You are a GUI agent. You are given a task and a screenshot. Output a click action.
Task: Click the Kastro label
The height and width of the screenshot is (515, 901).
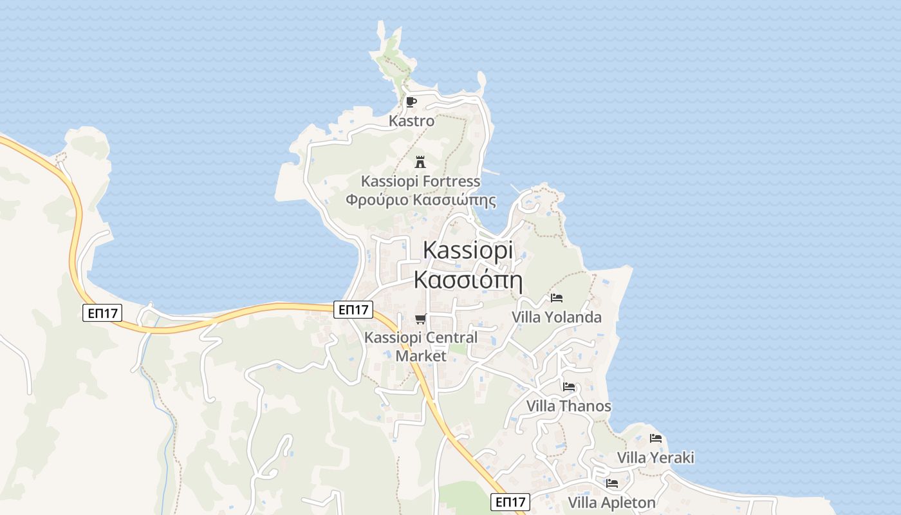(411, 121)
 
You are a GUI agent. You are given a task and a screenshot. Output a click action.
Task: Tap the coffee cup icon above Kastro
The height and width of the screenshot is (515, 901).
(411, 102)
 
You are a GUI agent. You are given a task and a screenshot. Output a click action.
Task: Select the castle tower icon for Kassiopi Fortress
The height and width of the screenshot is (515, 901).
(420, 161)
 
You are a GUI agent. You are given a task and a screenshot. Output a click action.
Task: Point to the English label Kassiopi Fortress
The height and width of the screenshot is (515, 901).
(420, 181)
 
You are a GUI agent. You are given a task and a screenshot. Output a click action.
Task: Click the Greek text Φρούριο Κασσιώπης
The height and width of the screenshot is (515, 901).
(420, 200)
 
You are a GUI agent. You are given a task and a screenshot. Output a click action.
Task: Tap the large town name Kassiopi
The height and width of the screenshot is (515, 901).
(468, 250)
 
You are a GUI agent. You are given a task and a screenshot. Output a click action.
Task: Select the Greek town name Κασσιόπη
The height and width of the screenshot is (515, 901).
(467, 280)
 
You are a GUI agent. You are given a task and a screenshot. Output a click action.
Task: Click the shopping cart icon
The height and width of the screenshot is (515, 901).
(421, 319)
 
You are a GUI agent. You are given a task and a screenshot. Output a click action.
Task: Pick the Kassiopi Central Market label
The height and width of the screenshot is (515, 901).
(421, 346)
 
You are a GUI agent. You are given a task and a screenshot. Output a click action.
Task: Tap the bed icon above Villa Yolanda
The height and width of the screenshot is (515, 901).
(557, 298)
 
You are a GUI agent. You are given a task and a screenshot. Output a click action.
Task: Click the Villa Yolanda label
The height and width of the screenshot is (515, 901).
(557, 317)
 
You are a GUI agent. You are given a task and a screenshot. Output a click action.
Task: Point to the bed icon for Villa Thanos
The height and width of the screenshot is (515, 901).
(569, 387)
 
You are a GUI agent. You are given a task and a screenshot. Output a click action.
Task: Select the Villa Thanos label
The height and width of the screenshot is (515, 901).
(569, 406)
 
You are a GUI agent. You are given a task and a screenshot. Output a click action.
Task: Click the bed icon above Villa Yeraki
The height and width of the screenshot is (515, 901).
(656, 438)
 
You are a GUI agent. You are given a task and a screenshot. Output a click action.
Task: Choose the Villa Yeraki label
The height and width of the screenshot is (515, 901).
(656, 458)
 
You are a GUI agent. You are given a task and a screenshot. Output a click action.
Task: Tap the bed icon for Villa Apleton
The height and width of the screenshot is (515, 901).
(611, 483)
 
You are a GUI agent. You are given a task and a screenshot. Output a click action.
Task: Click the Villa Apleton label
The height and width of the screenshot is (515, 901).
(611, 502)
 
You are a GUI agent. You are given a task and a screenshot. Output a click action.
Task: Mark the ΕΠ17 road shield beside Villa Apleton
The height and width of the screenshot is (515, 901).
(510, 502)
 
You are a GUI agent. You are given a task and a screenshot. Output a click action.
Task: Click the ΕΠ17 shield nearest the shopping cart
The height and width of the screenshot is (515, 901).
(354, 310)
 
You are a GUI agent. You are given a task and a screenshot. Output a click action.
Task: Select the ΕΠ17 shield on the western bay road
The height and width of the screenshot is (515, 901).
(103, 314)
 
